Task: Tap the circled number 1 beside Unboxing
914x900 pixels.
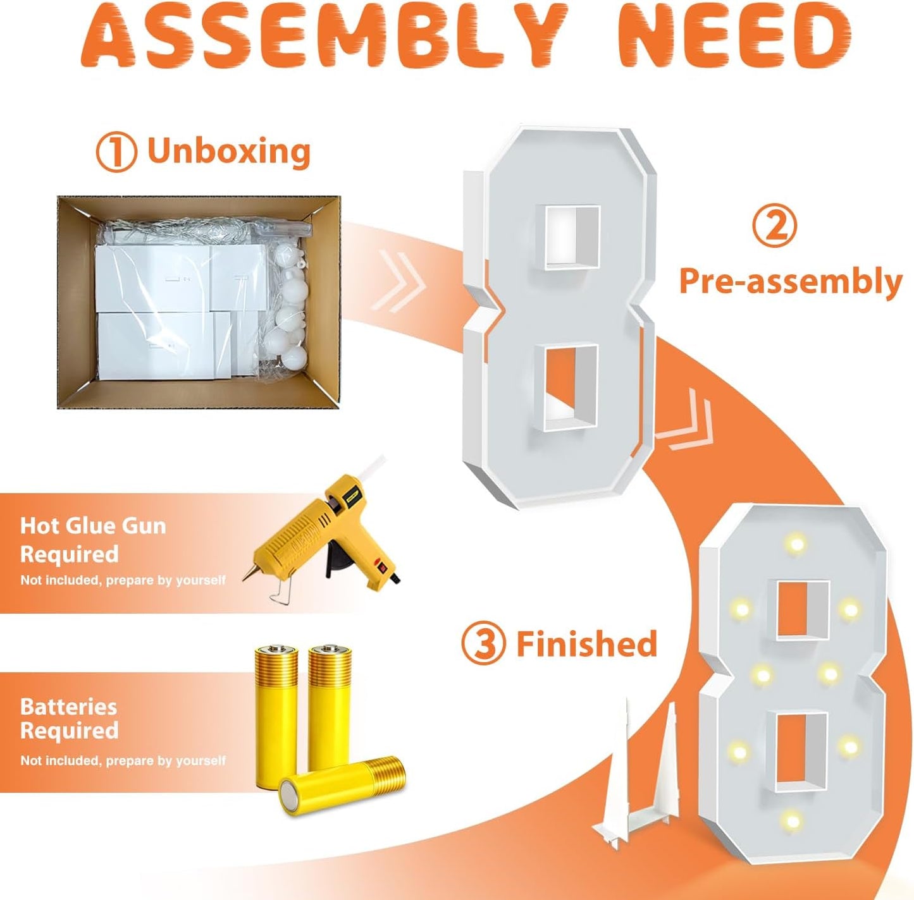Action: (x=116, y=154)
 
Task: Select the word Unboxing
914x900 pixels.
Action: (x=229, y=152)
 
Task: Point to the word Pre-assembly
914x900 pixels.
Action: (x=791, y=282)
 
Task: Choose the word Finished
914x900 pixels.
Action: (x=587, y=643)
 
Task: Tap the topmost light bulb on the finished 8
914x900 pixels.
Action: (x=796, y=543)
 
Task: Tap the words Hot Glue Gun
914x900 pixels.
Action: (x=93, y=526)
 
